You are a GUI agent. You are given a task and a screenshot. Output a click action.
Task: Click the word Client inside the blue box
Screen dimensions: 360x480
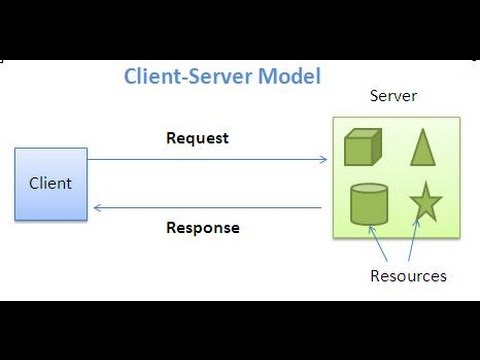[x=50, y=184]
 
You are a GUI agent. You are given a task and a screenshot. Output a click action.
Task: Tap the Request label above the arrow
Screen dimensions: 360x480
[x=197, y=138]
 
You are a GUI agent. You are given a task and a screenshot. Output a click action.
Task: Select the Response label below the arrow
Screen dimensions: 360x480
[x=203, y=227]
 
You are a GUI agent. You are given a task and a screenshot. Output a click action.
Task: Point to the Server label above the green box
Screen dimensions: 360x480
[x=393, y=96]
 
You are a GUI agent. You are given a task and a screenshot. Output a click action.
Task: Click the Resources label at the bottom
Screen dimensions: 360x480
[x=408, y=275]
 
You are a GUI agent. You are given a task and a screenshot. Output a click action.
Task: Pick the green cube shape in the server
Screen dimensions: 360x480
[x=363, y=147]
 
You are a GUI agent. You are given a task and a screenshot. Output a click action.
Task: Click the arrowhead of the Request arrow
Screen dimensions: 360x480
[x=323, y=159]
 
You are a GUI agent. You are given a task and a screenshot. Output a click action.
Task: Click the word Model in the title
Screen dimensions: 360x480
[x=292, y=76]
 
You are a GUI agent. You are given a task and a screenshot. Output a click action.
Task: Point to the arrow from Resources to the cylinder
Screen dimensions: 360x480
[x=383, y=246]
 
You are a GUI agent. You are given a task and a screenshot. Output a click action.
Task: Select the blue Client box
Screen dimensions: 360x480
[x=50, y=184]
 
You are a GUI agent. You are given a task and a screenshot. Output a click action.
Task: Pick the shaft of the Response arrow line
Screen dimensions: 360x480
[x=210, y=208]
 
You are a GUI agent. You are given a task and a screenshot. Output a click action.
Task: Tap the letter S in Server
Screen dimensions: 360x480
[x=374, y=96]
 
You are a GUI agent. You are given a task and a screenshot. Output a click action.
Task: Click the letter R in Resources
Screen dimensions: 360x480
[x=375, y=275]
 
